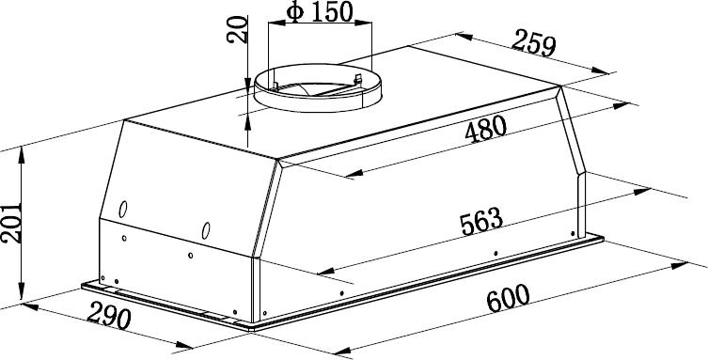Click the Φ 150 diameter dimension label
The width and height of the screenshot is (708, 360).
[x=320, y=12]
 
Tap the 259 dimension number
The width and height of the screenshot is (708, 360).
[x=534, y=42]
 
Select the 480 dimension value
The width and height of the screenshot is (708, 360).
[x=485, y=129]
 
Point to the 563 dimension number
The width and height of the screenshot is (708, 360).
[x=481, y=221]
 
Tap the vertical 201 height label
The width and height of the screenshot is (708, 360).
[x=11, y=223]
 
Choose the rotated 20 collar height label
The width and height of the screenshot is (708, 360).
[x=238, y=29]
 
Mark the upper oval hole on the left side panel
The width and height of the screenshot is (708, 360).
[x=122, y=209]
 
